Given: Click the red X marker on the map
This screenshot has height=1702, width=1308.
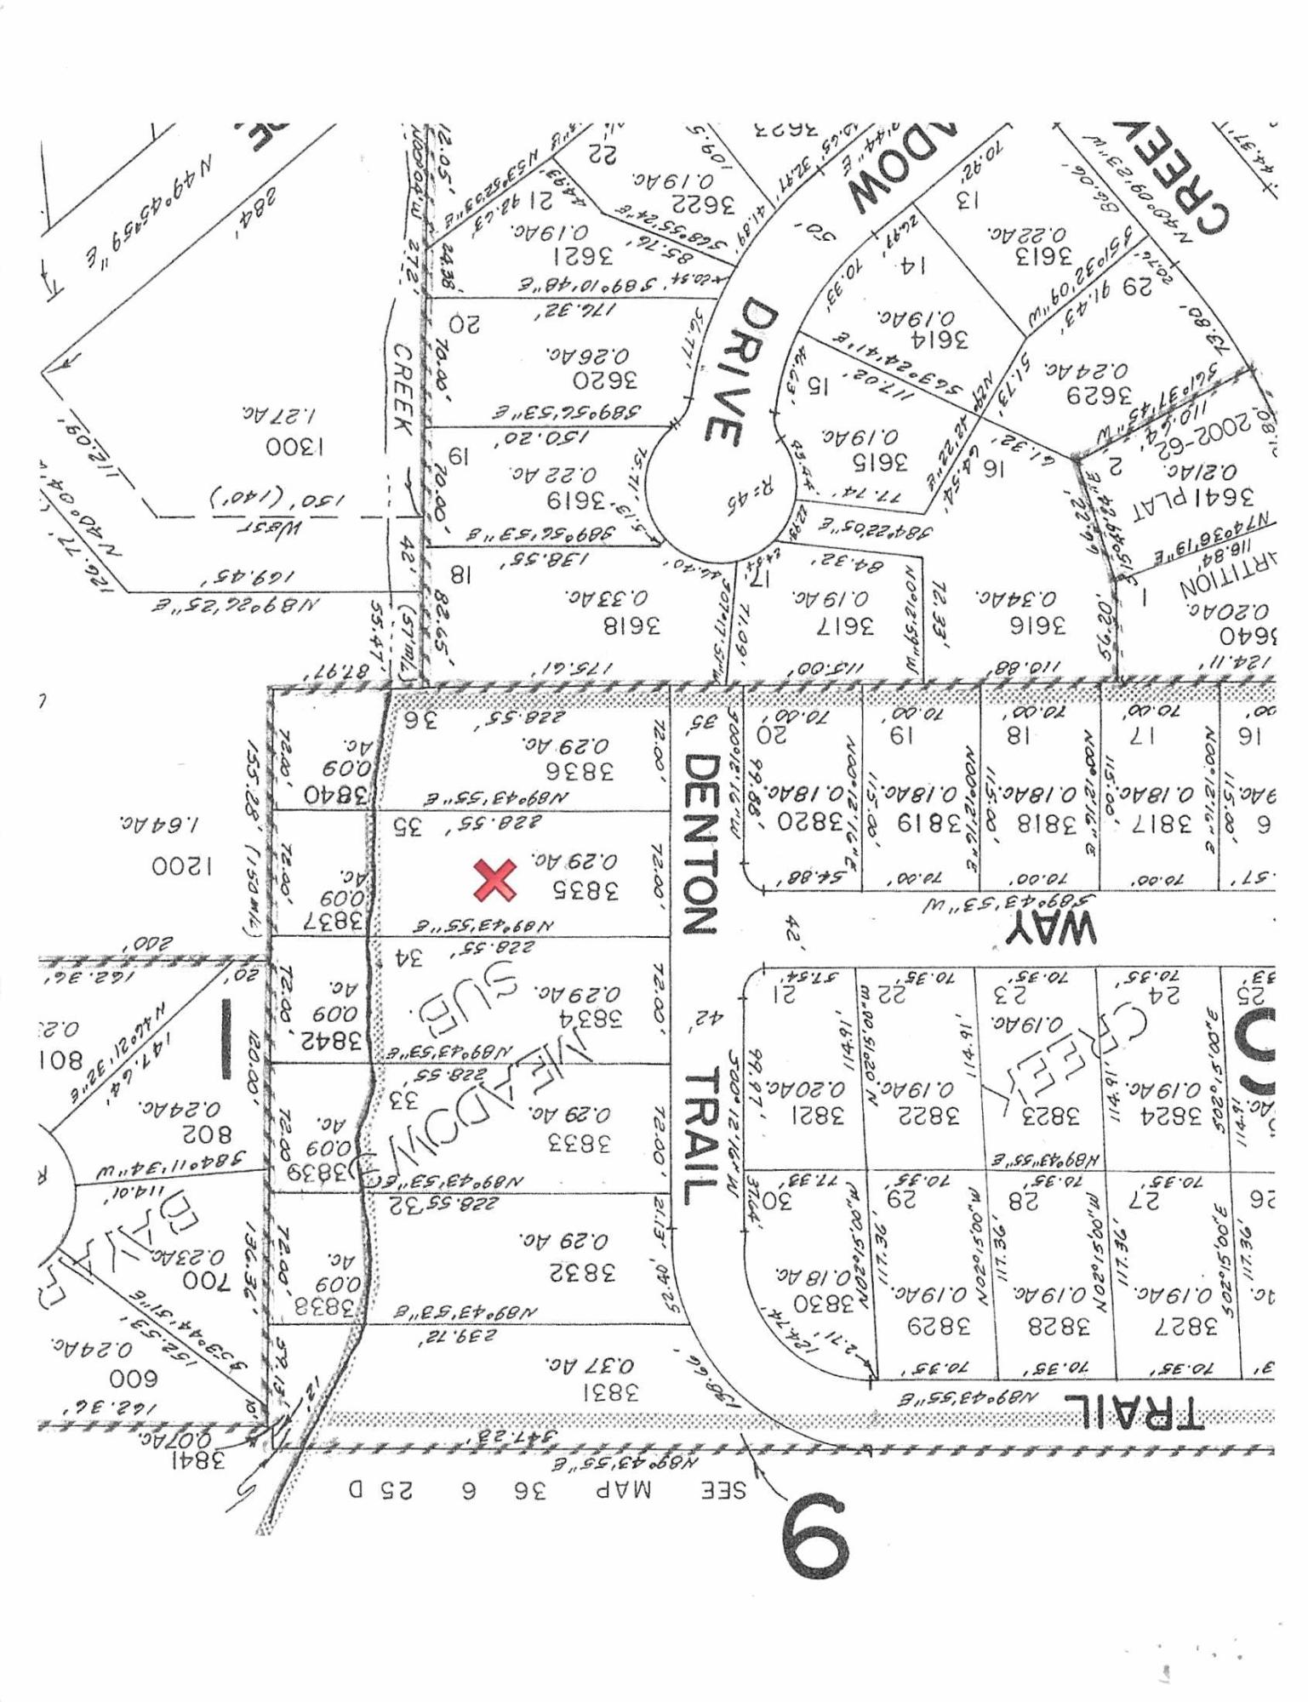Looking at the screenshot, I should pyautogui.click(x=494, y=880).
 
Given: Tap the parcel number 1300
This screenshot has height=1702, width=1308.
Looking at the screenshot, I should pyautogui.click(x=294, y=447).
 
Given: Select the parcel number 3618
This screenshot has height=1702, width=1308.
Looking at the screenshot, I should pyautogui.click(x=631, y=626).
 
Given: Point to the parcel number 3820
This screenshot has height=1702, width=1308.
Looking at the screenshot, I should pyautogui.click(x=811, y=822).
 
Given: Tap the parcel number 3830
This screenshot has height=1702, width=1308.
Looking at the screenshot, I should pyautogui.click(x=823, y=1303).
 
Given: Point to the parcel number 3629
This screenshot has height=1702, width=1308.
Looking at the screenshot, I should pyautogui.click(x=1100, y=396).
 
